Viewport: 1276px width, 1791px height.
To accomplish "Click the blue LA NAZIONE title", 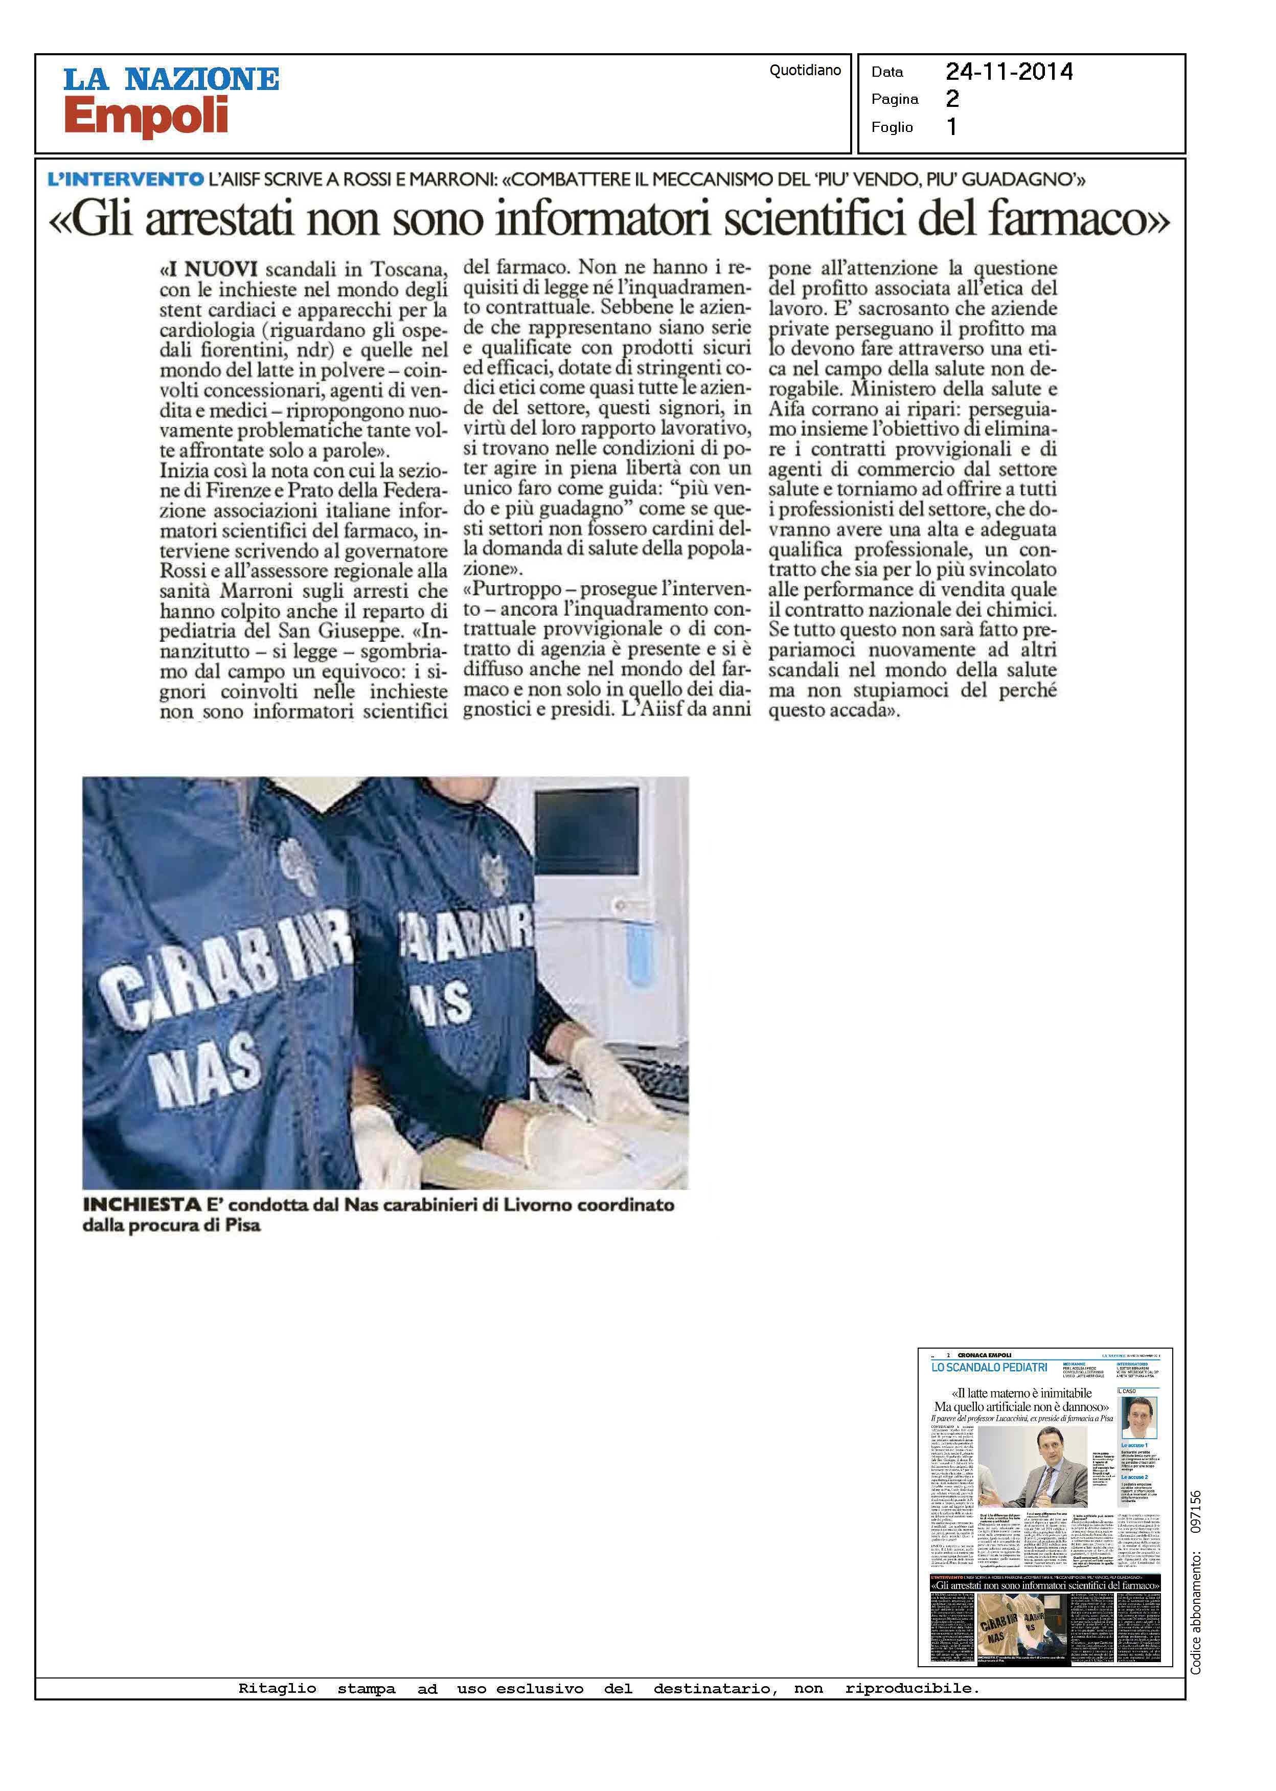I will point(171,79).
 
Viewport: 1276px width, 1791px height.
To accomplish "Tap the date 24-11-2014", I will point(1009,72).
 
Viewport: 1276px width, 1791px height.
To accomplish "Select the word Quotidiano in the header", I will point(805,70).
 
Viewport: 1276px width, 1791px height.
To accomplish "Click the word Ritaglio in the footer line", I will point(278,1688).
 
